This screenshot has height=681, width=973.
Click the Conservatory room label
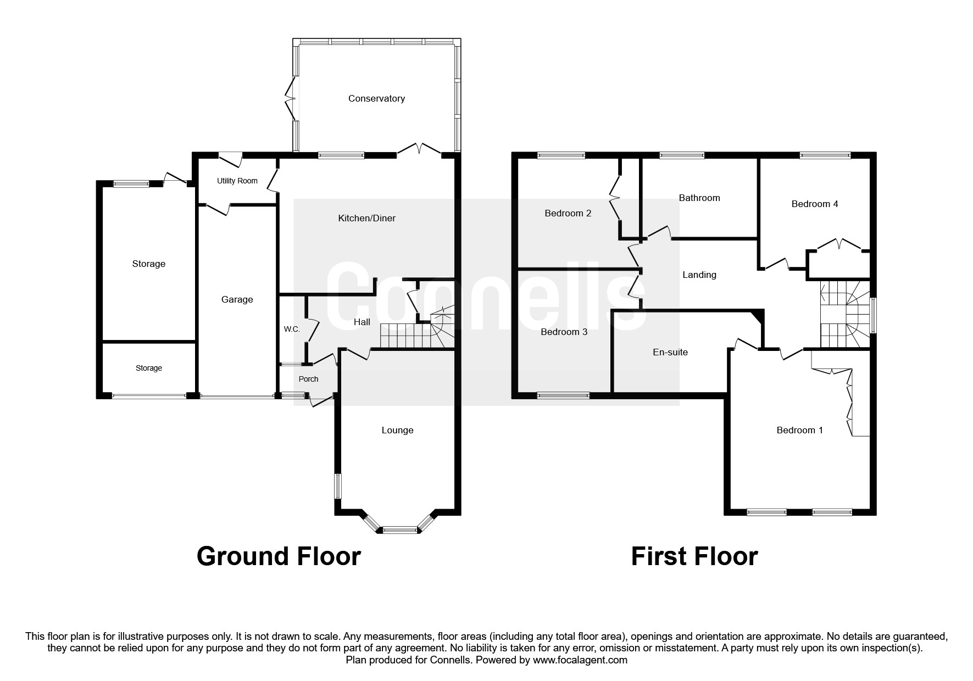(x=376, y=98)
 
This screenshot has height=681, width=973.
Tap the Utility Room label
(x=237, y=181)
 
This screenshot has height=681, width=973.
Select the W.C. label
(x=291, y=329)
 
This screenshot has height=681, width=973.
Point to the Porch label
(x=308, y=379)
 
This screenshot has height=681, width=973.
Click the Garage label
(x=237, y=299)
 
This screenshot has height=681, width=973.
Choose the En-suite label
(x=670, y=352)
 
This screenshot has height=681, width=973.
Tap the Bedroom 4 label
(x=814, y=204)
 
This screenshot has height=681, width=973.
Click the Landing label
(x=699, y=275)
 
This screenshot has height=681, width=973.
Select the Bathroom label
(x=699, y=198)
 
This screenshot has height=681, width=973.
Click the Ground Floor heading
(x=279, y=556)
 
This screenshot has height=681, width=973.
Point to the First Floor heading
(x=694, y=556)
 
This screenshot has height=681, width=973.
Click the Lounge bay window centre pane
(x=399, y=530)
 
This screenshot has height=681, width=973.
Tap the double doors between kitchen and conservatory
(x=419, y=150)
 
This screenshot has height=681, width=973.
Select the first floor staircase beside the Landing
(x=845, y=316)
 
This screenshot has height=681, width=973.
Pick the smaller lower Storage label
(x=149, y=368)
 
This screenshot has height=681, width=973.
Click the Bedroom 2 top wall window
(x=561, y=155)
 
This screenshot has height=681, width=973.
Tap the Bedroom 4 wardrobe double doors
(x=838, y=245)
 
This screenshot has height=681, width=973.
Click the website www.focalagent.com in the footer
(x=580, y=660)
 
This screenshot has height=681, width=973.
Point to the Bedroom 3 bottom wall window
(x=563, y=395)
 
